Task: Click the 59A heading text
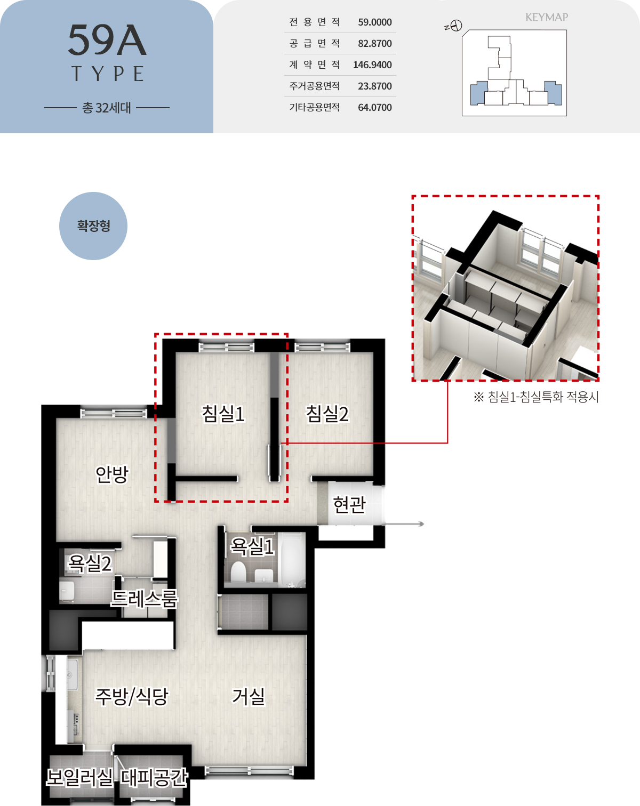coord(107,40)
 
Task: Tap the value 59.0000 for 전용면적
coord(375,22)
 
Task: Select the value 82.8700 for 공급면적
coord(375,44)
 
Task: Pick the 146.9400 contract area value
coord(372,65)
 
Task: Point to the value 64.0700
coord(375,108)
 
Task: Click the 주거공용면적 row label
coord(314,86)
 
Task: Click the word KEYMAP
coord(546,17)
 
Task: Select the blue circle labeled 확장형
coord(93,226)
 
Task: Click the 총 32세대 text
coord(107,108)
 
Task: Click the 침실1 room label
coord(223,414)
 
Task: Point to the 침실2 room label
coord(327,414)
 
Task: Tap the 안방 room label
coord(112,474)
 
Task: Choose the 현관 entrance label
coord(349,504)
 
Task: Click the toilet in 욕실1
coord(238,571)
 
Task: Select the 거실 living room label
coord(249,697)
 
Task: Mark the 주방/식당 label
coord(132,697)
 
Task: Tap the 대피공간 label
coord(154,777)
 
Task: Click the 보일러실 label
coord(79,777)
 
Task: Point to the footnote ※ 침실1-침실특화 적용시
coord(536,397)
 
